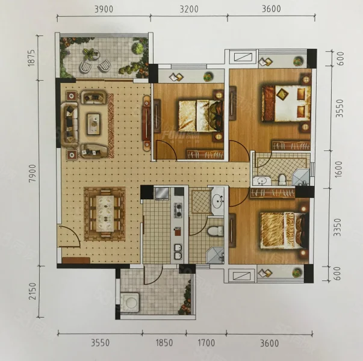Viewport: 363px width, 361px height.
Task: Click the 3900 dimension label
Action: pos(104,9)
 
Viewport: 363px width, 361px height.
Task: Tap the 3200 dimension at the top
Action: pos(189,9)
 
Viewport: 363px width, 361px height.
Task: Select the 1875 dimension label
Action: pos(31,58)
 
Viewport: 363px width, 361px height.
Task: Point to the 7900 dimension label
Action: pos(33,173)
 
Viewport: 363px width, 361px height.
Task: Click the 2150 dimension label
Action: pos(33,291)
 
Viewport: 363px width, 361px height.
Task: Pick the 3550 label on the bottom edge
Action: pos(101,343)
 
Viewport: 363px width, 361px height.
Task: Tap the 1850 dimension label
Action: pos(164,343)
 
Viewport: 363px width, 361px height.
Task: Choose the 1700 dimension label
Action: pos(206,343)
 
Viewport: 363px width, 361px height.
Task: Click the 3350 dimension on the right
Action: pos(338,227)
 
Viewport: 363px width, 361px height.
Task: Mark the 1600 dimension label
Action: pos(338,170)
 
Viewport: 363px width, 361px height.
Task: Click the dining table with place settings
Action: pos(105,214)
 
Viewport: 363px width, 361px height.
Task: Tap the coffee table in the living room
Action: pos(93,124)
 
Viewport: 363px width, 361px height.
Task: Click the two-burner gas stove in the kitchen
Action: pos(178,210)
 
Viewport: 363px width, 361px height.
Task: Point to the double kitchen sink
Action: pos(178,251)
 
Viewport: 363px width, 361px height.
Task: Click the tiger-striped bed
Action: pos(284,230)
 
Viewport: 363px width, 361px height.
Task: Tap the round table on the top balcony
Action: pos(92,55)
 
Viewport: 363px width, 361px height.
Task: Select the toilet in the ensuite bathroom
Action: pos(282,179)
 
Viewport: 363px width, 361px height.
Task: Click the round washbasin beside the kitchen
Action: pos(218,200)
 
